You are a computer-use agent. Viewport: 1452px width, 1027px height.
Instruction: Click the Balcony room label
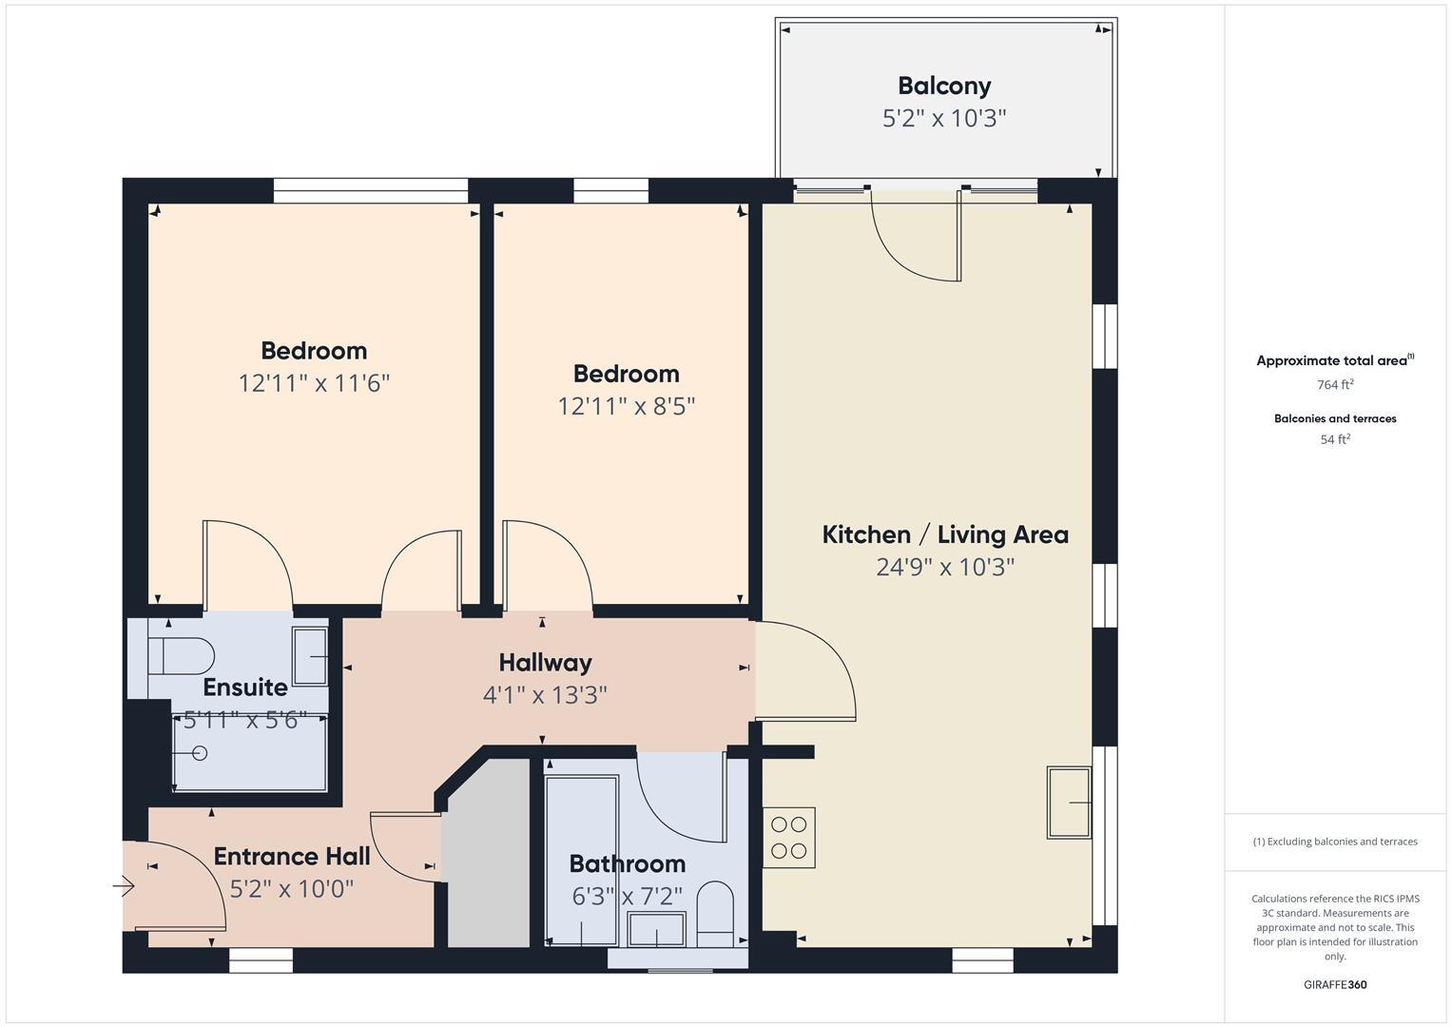pyautogui.click(x=944, y=86)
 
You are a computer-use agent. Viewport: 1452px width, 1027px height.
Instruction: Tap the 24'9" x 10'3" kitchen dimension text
pyautogui.click(x=945, y=568)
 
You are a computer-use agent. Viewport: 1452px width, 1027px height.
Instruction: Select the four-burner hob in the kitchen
pyautogui.click(x=789, y=838)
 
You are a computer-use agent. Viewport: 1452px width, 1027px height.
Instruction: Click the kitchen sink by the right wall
pyautogui.click(x=1069, y=803)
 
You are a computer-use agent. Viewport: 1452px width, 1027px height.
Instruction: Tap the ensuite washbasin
pyautogui.click(x=310, y=656)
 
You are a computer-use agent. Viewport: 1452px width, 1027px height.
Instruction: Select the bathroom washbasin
pyautogui.click(x=657, y=929)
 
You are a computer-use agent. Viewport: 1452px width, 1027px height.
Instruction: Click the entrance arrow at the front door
pyautogui.click(x=125, y=887)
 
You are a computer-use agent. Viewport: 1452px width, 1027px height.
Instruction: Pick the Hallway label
pyautogui.click(x=545, y=663)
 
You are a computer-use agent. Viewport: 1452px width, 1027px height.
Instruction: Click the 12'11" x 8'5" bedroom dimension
pyautogui.click(x=626, y=407)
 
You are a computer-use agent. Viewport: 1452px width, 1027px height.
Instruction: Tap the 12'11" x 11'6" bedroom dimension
pyautogui.click(x=314, y=383)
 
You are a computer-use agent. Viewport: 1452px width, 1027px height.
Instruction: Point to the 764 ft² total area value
pyautogui.click(x=1335, y=385)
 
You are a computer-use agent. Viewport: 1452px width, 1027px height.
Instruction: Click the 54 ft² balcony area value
pyautogui.click(x=1335, y=439)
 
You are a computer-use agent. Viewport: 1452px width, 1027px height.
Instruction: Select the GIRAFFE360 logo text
pyautogui.click(x=1335, y=984)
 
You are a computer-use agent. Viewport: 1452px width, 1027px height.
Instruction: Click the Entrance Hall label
pyautogui.click(x=292, y=857)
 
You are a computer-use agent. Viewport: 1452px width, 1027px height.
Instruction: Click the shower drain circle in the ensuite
pyautogui.click(x=200, y=753)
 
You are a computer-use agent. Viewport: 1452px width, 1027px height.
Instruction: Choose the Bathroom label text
pyautogui.click(x=627, y=864)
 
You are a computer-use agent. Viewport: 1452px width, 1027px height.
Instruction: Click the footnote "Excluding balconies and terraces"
pyautogui.click(x=1335, y=842)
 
